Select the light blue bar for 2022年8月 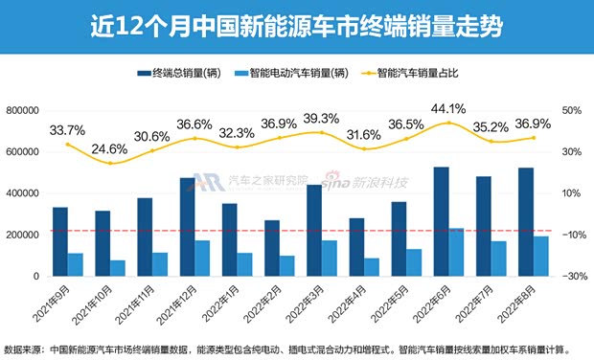click(x=514, y=256)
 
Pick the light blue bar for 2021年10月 click(x=117, y=267)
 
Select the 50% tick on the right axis click(x=572, y=110)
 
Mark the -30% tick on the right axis click(x=572, y=276)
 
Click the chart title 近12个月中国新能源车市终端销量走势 click(x=296, y=23)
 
